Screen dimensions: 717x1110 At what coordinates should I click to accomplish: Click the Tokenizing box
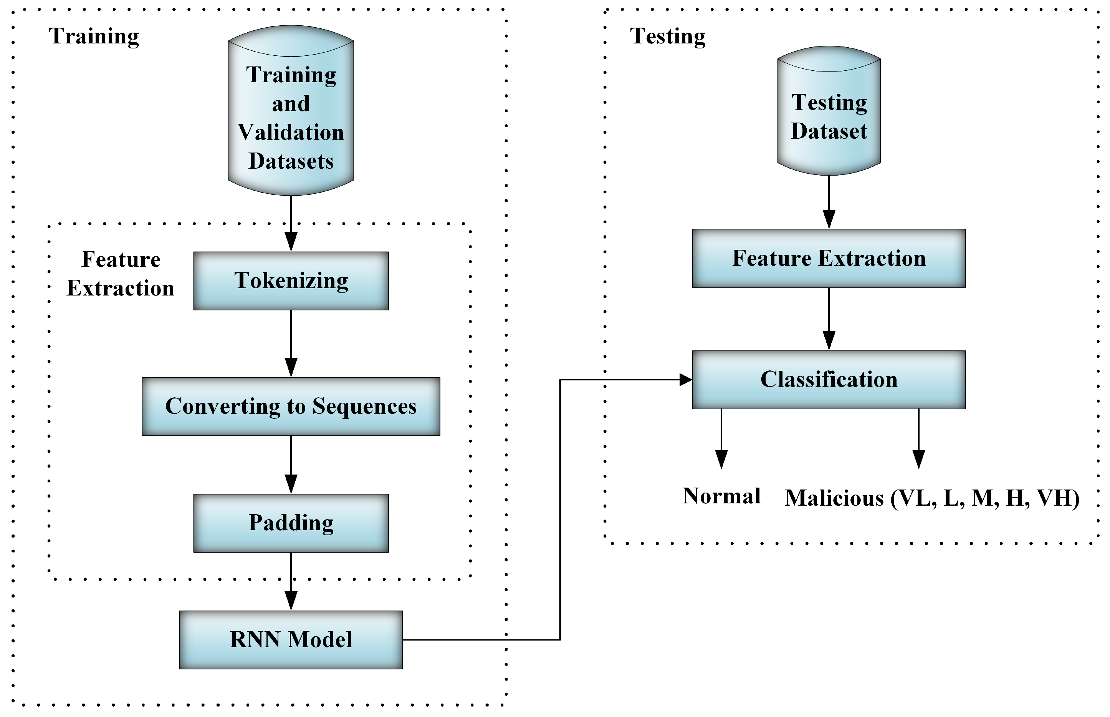(291, 281)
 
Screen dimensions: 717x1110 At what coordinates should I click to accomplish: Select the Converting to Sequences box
(291, 406)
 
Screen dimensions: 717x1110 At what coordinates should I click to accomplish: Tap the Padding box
(291, 523)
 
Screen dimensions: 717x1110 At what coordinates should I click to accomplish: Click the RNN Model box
(291, 640)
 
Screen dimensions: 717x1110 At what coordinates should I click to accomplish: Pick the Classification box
(829, 380)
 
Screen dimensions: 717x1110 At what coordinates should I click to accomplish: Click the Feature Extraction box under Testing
(829, 258)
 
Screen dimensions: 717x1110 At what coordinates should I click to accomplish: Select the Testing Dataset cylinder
(829, 112)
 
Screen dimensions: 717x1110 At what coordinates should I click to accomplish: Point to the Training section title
(94, 36)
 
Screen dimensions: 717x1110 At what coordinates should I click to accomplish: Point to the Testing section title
(668, 36)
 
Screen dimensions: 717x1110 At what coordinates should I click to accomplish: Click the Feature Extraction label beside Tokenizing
(121, 274)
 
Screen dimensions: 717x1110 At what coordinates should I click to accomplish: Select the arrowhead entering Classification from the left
(685, 380)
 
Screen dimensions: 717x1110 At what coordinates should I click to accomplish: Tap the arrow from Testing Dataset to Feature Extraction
(829, 202)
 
